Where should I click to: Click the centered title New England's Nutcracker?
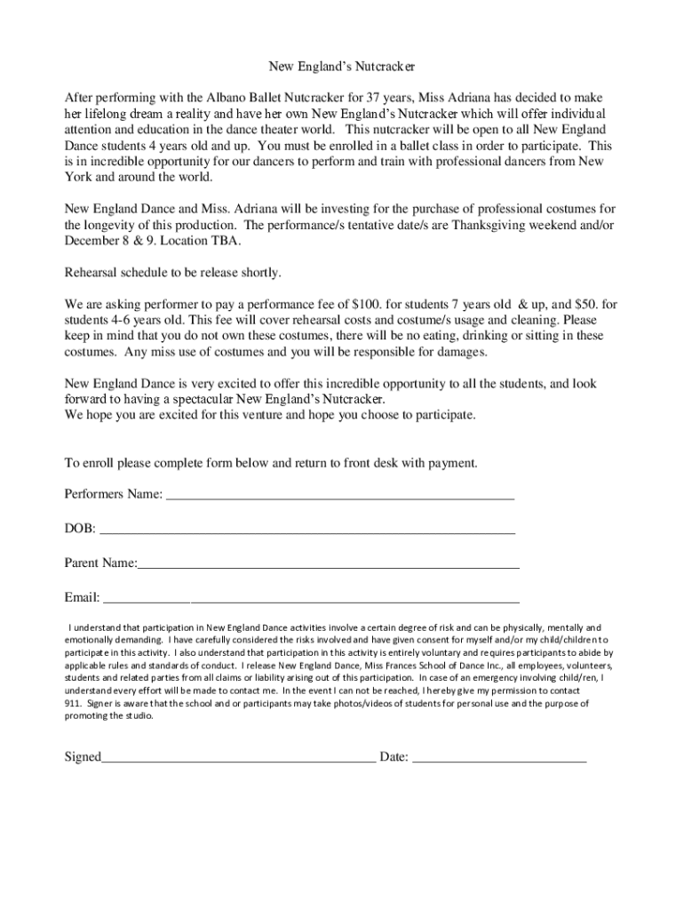(342, 67)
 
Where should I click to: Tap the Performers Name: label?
(114, 493)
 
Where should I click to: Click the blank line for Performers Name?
(341, 495)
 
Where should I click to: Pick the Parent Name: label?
(100, 563)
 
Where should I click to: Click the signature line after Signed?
(238, 759)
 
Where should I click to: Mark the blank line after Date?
(500, 759)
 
